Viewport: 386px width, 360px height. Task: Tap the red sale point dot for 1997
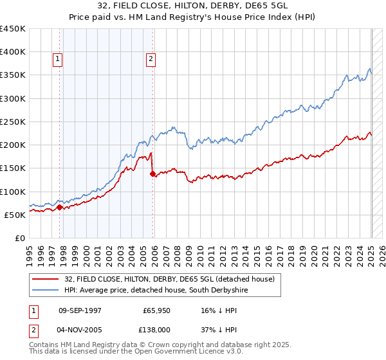pyautogui.click(x=60, y=207)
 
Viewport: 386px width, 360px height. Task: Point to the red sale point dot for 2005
pyautogui.click(x=152, y=174)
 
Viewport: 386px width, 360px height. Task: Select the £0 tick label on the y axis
pyautogui.click(x=19, y=238)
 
